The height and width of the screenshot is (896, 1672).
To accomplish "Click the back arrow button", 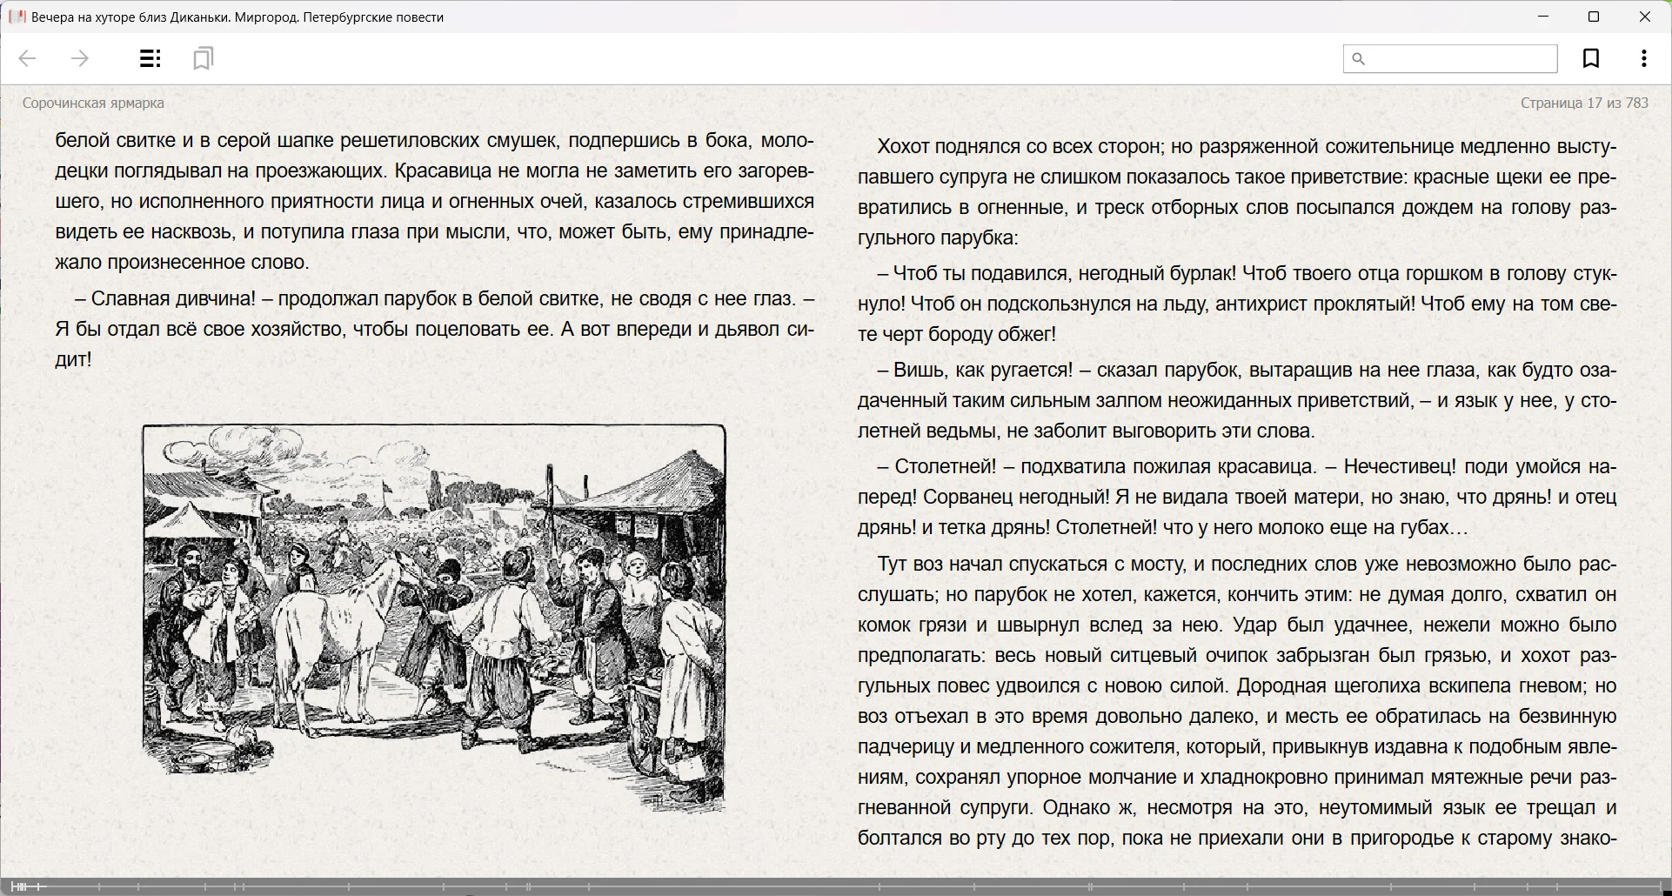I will tap(27, 58).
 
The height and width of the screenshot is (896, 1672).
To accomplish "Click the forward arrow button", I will tap(79, 58).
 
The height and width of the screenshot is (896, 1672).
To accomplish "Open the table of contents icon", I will tap(150, 58).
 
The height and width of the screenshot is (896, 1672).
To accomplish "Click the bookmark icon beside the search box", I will tap(1590, 58).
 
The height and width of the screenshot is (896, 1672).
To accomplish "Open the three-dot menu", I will tap(1643, 58).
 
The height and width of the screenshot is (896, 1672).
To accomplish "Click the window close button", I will tap(1644, 17).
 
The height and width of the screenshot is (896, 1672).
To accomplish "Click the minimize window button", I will tap(1543, 17).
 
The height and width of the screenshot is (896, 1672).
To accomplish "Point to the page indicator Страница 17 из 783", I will tap(1583, 103).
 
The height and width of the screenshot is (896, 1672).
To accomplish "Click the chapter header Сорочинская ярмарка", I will tap(93, 103).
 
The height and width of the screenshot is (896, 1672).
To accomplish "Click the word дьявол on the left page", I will tap(745, 329).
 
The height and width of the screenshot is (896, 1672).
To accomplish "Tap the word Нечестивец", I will tap(1399, 466).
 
